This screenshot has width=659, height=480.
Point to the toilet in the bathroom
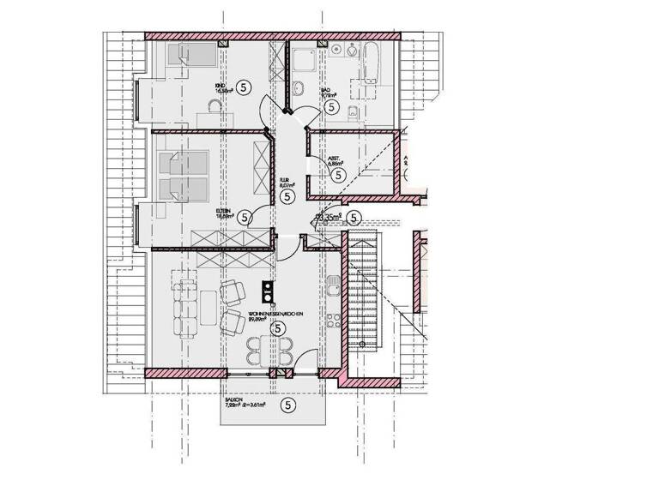[354, 108]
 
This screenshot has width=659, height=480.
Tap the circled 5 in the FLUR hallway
[287, 197]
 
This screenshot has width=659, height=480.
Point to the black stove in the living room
[268, 291]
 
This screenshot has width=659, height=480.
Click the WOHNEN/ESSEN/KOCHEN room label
[276, 315]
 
